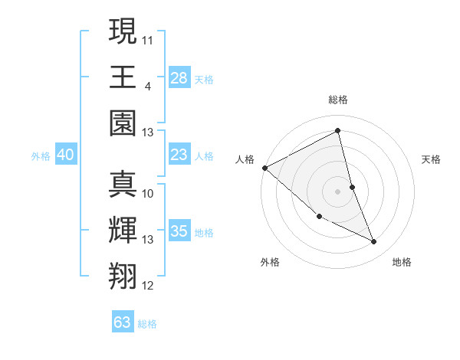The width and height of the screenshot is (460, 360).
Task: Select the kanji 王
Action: point(123,77)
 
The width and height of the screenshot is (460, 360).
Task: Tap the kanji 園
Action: point(123,123)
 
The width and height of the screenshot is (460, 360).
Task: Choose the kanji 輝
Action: point(123,231)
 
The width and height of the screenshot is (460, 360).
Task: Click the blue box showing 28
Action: point(179,77)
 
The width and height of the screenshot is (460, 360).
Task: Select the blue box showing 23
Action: point(179,155)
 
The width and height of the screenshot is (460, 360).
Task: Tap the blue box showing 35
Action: point(179,231)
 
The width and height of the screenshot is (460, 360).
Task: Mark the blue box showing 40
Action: point(65,155)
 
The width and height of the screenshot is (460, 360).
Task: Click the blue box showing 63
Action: point(123,322)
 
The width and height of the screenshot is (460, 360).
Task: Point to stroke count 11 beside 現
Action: point(148,39)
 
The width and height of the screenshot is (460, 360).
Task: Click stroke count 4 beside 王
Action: point(148,86)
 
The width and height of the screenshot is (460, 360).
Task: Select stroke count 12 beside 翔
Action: point(148,286)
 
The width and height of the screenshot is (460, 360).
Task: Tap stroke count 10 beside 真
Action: point(148,193)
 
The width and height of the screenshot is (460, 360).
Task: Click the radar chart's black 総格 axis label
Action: point(338,100)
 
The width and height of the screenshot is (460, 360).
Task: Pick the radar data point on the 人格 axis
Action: point(264,168)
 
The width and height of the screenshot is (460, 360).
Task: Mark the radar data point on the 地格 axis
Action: point(374,242)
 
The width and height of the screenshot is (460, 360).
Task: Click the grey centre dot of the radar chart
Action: point(338,191)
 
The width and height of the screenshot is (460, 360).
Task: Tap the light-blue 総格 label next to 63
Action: point(147,324)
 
